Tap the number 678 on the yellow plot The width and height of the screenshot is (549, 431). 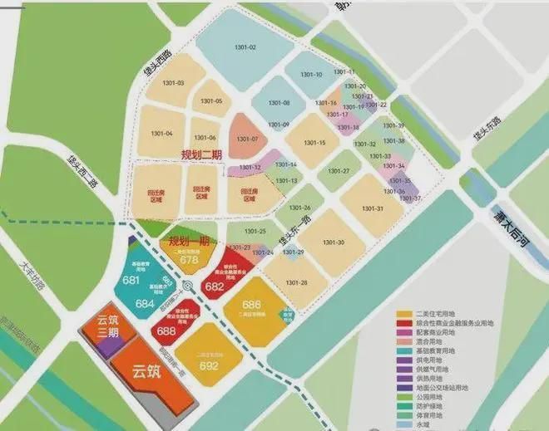[189, 259]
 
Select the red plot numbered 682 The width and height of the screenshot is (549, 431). [215, 287]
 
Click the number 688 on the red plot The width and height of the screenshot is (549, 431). [166, 331]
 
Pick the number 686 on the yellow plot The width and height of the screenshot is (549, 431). [252, 305]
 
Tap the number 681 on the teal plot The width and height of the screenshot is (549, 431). [131, 281]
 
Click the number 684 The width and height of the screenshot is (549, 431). [145, 304]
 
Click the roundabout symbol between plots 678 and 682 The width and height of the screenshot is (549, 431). [188, 287]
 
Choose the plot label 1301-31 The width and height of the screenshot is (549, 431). [373, 208]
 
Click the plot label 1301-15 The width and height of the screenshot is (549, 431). [315, 143]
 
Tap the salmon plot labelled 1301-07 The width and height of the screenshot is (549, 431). [250, 138]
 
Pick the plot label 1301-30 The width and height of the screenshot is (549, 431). [332, 242]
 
